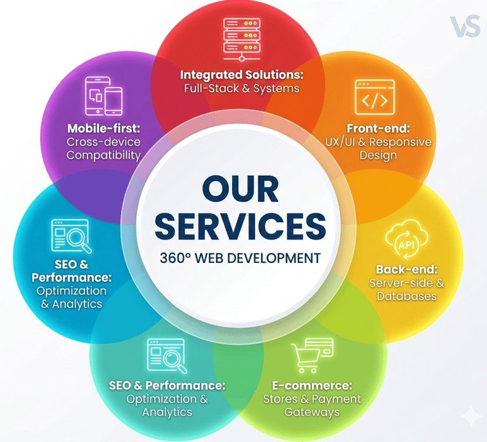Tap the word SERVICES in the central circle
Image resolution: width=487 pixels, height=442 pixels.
click(241, 227)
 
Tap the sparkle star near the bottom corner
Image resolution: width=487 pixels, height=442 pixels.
click(471, 416)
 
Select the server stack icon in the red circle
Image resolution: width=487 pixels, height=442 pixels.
click(242, 36)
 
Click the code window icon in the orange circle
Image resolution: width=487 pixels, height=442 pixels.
click(375, 97)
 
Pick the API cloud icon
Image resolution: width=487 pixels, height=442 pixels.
click(404, 243)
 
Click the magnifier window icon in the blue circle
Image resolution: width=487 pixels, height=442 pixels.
click(70, 236)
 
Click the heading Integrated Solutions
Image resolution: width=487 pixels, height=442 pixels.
click(242, 74)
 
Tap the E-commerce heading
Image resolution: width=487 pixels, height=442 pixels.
click(311, 385)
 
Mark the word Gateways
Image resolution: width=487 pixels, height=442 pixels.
click(311, 413)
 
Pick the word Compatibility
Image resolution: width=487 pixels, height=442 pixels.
click(103, 156)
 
